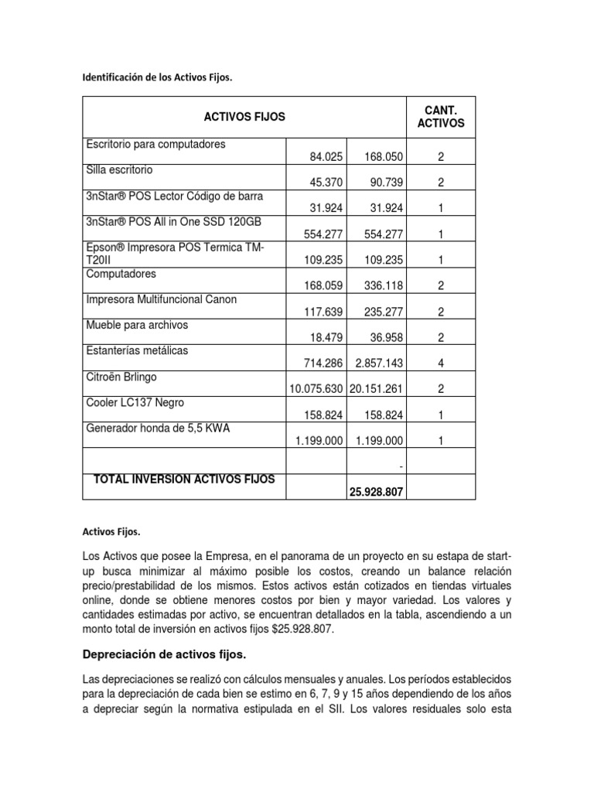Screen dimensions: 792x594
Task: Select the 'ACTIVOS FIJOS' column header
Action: tap(244, 117)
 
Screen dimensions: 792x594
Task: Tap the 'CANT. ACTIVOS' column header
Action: tap(440, 117)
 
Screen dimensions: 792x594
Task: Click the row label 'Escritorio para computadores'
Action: tap(156, 144)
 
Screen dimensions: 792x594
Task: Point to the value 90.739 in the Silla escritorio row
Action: tap(385, 183)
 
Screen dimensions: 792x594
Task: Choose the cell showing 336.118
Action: tap(385, 286)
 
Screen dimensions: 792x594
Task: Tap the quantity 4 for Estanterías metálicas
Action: tap(440, 364)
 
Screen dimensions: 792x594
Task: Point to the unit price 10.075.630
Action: tap(316, 389)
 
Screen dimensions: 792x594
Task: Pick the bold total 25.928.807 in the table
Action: tap(376, 492)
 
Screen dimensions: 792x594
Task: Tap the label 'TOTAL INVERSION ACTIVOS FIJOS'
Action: tap(183, 480)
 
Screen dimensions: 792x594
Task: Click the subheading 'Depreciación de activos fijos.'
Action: tap(164, 655)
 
